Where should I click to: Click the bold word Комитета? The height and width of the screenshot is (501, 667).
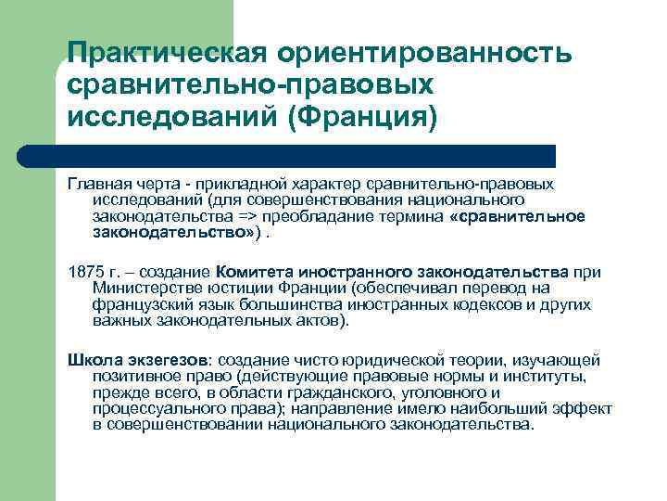261,272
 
